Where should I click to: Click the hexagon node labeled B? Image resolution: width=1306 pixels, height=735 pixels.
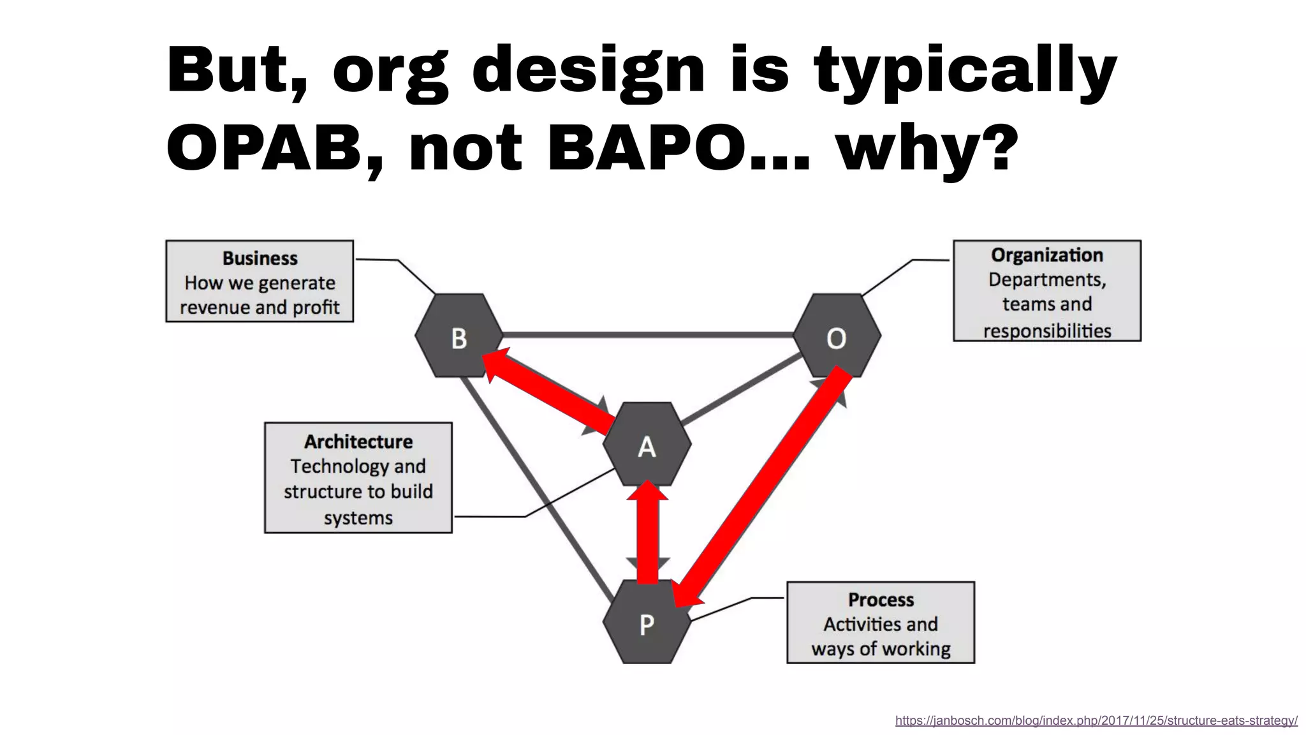[x=459, y=336]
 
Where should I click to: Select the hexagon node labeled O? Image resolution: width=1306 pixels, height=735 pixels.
[x=837, y=336]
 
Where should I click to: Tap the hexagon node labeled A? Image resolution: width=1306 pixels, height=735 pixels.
[x=647, y=446]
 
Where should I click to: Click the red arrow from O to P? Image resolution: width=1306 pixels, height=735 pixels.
[x=765, y=485]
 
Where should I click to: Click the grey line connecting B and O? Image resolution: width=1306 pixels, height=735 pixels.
[x=647, y=334]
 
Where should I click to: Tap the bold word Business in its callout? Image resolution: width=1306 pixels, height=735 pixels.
[x=260, y=258]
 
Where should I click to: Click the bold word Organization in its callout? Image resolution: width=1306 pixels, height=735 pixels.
[x=1046, y=255]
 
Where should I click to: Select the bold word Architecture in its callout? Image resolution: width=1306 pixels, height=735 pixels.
[x=358, y=442]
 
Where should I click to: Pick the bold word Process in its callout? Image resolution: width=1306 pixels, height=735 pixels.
[x=881, y=600]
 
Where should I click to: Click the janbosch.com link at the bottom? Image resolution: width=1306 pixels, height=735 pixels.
[x=1096, y=720]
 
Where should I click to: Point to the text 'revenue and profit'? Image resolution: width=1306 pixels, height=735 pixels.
[x=260, y=308]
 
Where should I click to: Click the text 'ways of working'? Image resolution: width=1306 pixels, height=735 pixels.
[x=881, y=649]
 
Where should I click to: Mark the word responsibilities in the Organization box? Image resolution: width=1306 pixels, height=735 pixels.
[x=1046, y=330]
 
